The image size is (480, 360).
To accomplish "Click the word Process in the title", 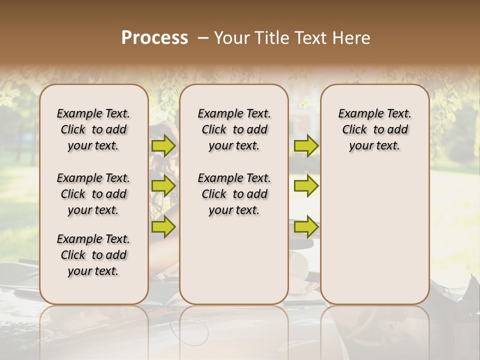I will tap(154, 38).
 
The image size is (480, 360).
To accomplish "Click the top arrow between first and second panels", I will tap(163, 145).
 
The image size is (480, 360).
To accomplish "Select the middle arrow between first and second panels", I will tap(163, 186).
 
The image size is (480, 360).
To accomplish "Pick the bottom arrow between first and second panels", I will tap(163, 226).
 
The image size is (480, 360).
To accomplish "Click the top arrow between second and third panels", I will tap(306, 145).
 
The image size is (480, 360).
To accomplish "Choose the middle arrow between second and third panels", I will tap(306, 186).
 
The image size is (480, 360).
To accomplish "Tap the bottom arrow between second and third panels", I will tap(306, 226).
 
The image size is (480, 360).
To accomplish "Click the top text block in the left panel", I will tap(93, 129).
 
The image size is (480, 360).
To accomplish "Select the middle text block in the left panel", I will tap(93, 194).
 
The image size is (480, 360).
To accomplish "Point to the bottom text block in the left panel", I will tap(93, 255).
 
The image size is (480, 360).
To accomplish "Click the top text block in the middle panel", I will tap(234, 129).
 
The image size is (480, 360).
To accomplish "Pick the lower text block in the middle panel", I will tap(234, 194).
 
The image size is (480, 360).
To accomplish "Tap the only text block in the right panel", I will tap(374, 129).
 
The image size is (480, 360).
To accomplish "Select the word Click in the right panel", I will tap(354, 130).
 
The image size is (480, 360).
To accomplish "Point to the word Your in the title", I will tap(231, 38).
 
